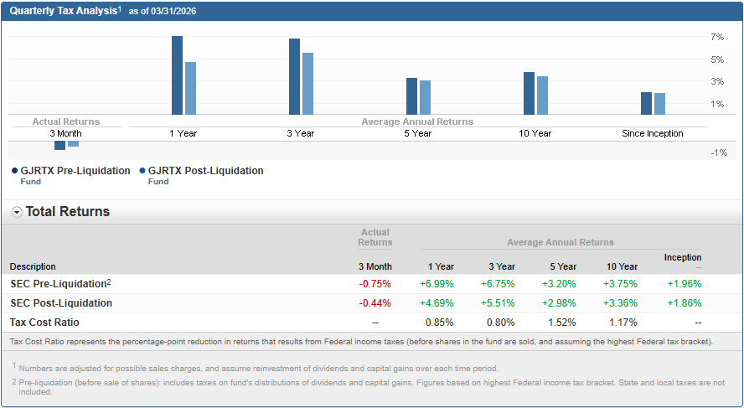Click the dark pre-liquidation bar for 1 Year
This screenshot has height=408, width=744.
pos(177,75)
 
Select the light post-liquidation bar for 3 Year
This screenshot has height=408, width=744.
pos(307,84)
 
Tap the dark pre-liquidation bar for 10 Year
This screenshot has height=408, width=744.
pos(529,93)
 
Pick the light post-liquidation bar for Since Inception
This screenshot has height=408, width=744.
pos(659,104)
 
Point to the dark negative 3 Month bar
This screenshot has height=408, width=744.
pos(59,146)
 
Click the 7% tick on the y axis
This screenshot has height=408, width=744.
pos(716,38)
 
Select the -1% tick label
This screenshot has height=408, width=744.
pos(718,152)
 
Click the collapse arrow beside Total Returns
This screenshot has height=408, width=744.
pos(17,212)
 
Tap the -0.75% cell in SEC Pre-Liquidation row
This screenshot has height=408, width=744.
pos(375,283)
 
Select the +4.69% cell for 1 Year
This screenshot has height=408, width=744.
pos(437,302)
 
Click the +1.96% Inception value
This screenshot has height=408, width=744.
pos(684,283)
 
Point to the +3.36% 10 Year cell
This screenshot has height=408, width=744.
pos(620,302)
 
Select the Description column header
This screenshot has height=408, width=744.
pos(34,266)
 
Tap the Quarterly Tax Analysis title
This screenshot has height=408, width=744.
pos(63,11)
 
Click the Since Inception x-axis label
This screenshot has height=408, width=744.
pos(652,133)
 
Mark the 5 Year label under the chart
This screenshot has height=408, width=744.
pos(417,133)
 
